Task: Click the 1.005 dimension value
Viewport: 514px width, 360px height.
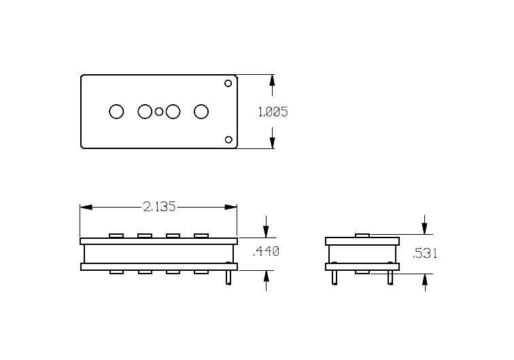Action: click(x=273, y=112)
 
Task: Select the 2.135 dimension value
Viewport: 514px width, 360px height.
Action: click(x=159, y=207)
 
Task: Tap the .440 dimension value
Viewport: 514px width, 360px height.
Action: click(x=266, y=252)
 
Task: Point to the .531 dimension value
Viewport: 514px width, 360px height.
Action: click(x=424, y=253)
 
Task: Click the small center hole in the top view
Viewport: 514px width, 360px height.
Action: click(x=159, y=112)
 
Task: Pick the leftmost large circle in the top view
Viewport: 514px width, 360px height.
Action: click(x=116, y=112)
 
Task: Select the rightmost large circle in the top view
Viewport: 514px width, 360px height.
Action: click(x=201, y=112)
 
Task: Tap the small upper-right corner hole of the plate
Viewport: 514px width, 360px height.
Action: click(x=228, y=83)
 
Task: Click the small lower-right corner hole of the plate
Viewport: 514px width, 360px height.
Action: click(x=228, y=140)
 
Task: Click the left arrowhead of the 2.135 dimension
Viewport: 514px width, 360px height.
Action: click(x=86, y=208)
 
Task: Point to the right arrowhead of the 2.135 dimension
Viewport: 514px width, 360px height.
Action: click(x=230, y=208)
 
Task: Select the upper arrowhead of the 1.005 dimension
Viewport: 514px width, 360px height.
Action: click(x=272, y=81)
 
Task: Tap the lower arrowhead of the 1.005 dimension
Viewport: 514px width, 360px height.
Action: click(x=272, y=142)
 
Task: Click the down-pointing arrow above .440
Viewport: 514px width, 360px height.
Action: click(x=267, y=227)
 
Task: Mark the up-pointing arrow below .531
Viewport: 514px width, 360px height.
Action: click(x=425, y=282)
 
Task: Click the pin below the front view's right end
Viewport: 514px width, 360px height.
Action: click(x=228, y=277)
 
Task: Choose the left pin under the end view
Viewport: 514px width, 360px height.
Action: click(x=335, y=277)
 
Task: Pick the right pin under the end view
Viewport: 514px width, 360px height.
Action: click(x=390, y=277)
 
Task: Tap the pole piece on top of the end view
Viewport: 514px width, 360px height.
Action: click(x=362, y=235)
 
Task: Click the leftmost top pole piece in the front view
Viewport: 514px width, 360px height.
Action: click(x=116, y=235)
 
